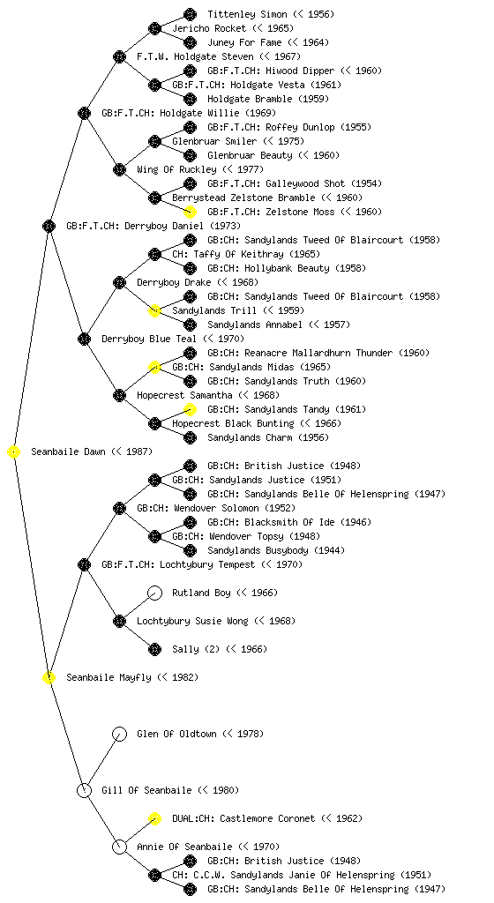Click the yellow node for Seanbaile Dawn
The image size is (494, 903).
pyautogui.click(x=14, y=452)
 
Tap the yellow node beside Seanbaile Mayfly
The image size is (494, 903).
pyautogui.click(x=49, y=678)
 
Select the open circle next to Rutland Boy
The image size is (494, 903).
pyautogui.click(x=155, y=593)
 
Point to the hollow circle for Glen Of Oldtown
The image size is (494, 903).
pyautogui.click(x=119, y=734)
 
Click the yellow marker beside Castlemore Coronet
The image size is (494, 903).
pyautogui.click(x=155, y=818)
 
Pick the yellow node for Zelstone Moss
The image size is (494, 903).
pyautogui.click(x=190, y=212)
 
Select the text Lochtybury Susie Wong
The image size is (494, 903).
pyautogui.click(x=192, y=621)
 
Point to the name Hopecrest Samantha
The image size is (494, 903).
pyautogui.click(x=185, y=395)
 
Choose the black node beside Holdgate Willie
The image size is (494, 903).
pyautogui.click(x=84, y=113)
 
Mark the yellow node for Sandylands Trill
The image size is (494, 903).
pyautogui.click(x=155, y=310)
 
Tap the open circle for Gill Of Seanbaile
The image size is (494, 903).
pyautogui.click(x=84, y=790)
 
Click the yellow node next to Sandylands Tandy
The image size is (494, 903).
pyautogui.click(x=190, y=409)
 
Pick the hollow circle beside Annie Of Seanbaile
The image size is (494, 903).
pyautogui.click(x=119, y=847)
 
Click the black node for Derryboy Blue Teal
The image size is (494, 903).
pyautogui.click(x=84, y=339)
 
